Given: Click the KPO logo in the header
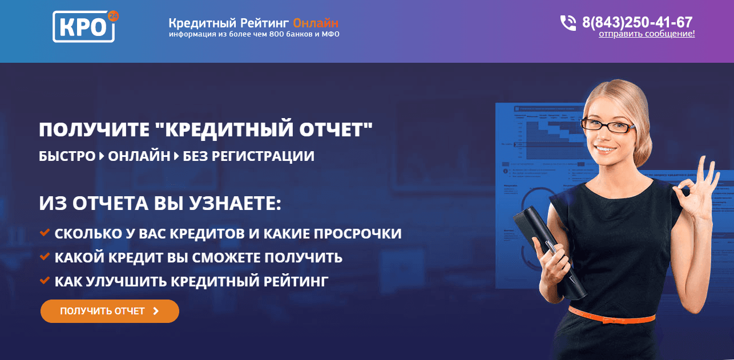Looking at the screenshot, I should coord(83,27).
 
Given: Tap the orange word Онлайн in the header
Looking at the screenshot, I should coord(315,23).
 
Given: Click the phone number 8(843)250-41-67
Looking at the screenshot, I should coord(637,23).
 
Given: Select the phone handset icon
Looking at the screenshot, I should coord(568,23).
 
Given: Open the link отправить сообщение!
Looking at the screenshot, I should coord(647,34).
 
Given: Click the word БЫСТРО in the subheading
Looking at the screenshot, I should coord(67,156).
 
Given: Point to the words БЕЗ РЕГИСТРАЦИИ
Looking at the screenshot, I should coord(248,156).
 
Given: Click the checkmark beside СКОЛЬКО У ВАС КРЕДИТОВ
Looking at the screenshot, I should coord(45,233).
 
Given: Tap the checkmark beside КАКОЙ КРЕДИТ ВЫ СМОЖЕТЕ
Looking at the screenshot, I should coord(45,257).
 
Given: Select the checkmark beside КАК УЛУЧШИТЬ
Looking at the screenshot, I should coord(45,280).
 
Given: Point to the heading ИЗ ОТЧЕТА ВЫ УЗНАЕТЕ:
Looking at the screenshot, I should coord(160,204).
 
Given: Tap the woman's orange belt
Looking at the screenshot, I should coord(611,314).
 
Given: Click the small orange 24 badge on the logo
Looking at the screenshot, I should coord(112,17).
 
